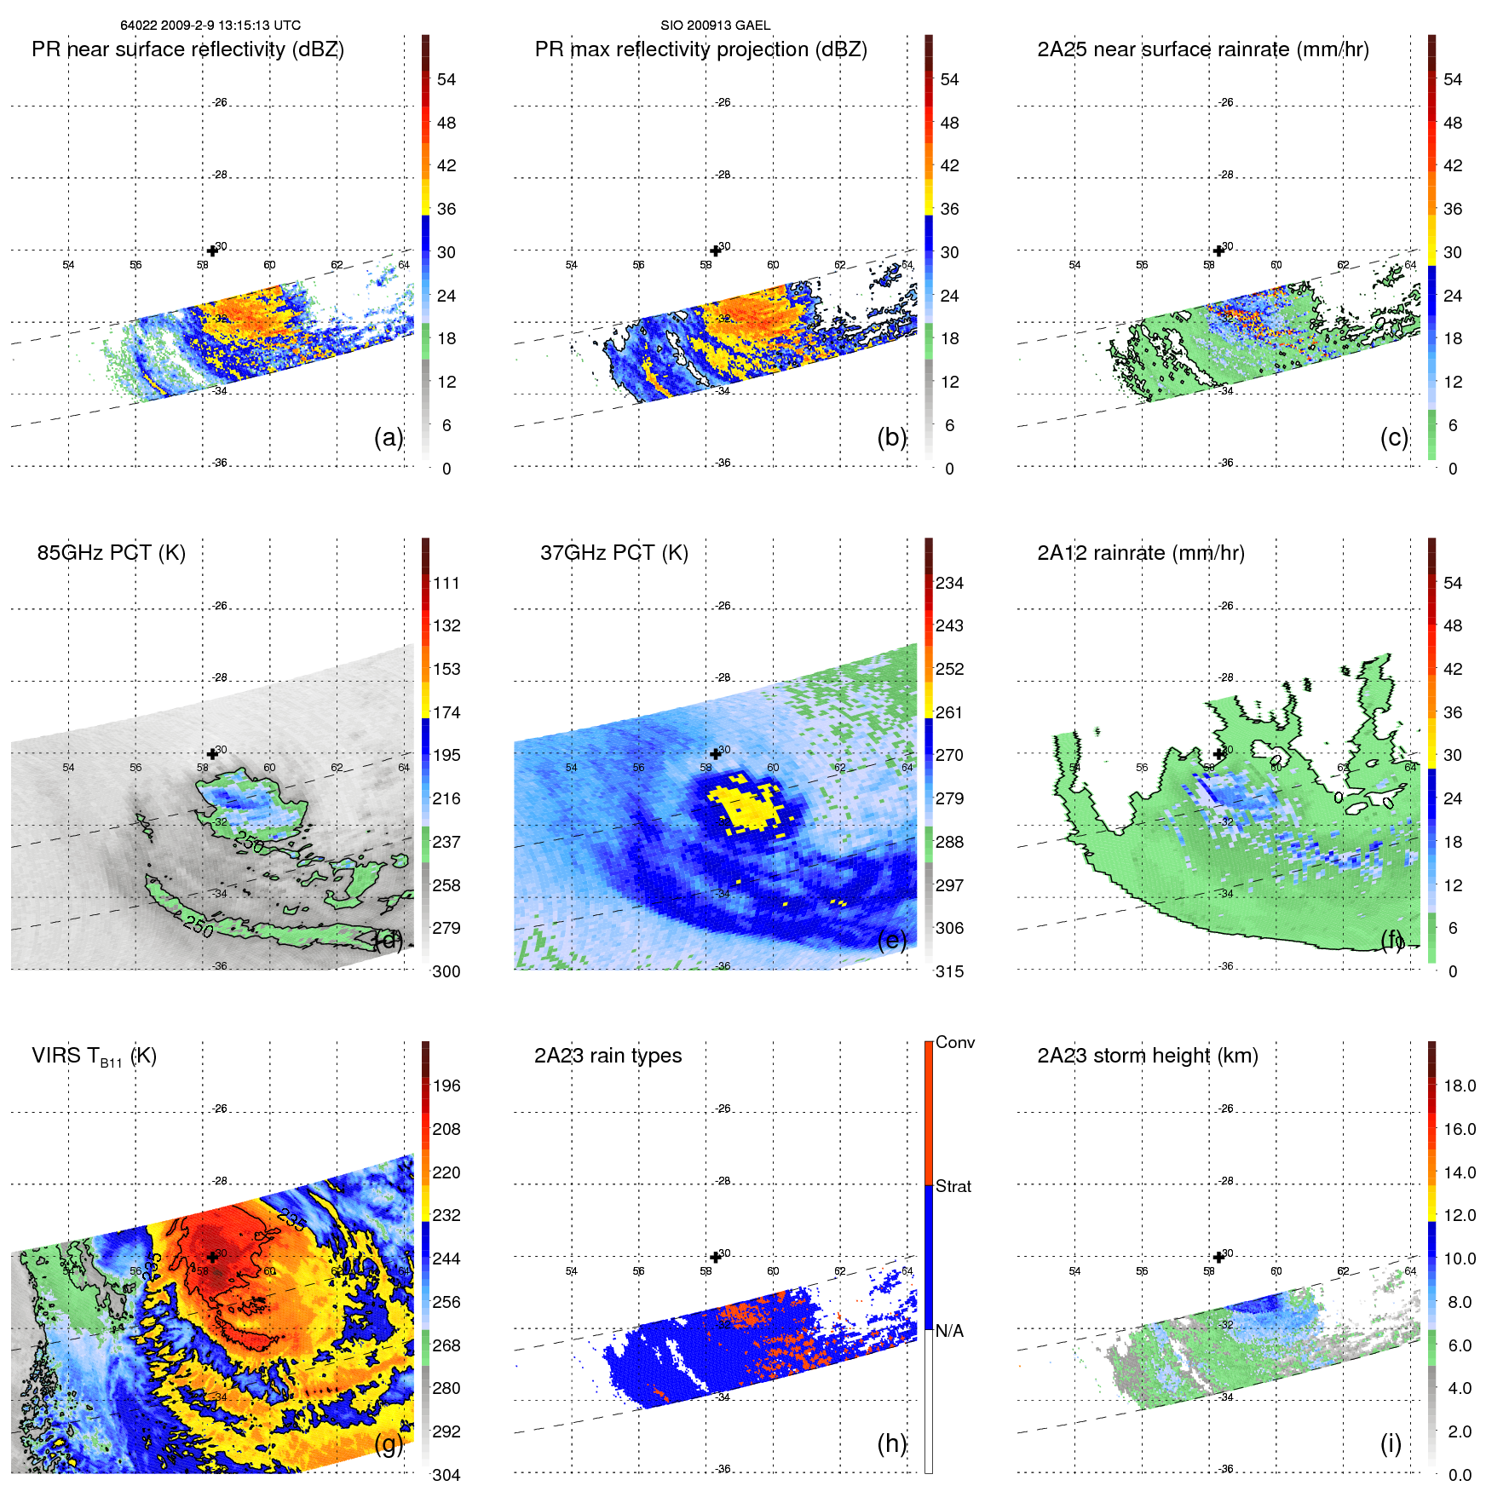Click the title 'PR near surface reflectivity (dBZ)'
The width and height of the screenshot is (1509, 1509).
(x=187, y=49)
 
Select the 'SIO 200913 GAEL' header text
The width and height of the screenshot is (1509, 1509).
(x=715, y=26)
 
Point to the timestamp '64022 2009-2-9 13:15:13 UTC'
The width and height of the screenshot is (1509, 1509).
(x=210, y=26)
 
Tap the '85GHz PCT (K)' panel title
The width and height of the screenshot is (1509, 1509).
(x=111, y=553)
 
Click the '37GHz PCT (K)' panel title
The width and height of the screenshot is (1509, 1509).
(x=613, y=553)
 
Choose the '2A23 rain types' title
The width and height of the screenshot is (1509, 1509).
(x=608, y=1056)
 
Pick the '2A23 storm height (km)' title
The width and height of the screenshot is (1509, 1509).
(x=1147, y=1056)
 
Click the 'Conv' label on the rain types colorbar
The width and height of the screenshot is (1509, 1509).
(x=954, y=1043)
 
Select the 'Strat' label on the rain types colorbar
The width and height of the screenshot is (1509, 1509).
(x=953, y=1187)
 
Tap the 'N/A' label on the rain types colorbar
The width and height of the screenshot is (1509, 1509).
(x=949, y=1331)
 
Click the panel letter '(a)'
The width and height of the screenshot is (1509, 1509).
(x=388, y=437)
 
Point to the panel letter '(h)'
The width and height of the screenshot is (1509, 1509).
(x=891, y=1443)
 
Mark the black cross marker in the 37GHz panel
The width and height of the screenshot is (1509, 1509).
(x=715, y=754)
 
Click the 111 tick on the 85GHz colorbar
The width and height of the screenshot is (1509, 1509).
(x=446, y=584)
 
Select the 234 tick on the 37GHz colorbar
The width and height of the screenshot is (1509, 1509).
(x=949, y=584)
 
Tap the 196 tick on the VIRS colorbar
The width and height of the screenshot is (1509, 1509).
(x=446, y=1086)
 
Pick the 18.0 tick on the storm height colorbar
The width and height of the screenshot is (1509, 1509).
(x=1459, y=1086)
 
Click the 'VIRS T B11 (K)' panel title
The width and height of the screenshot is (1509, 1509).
(x=94, y=1057)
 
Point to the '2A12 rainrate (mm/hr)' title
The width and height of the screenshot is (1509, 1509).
(x=1140, y=553)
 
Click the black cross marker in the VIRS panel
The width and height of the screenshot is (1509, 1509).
(x=212, y=1257)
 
